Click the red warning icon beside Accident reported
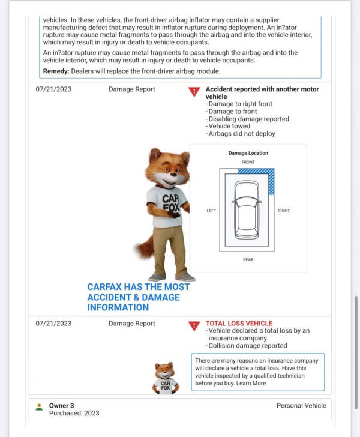(194, 92)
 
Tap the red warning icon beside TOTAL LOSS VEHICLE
(194, 326)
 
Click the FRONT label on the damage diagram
(248, 162)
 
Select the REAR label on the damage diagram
(248, 259)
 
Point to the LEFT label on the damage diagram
(211, 211)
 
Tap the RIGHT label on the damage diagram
(283, 211)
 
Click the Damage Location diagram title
(248, 153)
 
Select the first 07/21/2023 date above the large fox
(53, 89)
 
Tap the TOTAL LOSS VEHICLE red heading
(239, 323)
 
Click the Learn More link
(251, 383)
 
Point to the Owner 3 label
(62, 405)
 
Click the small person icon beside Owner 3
(39, 406)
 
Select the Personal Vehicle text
(301, 405)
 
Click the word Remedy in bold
(56, 71)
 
